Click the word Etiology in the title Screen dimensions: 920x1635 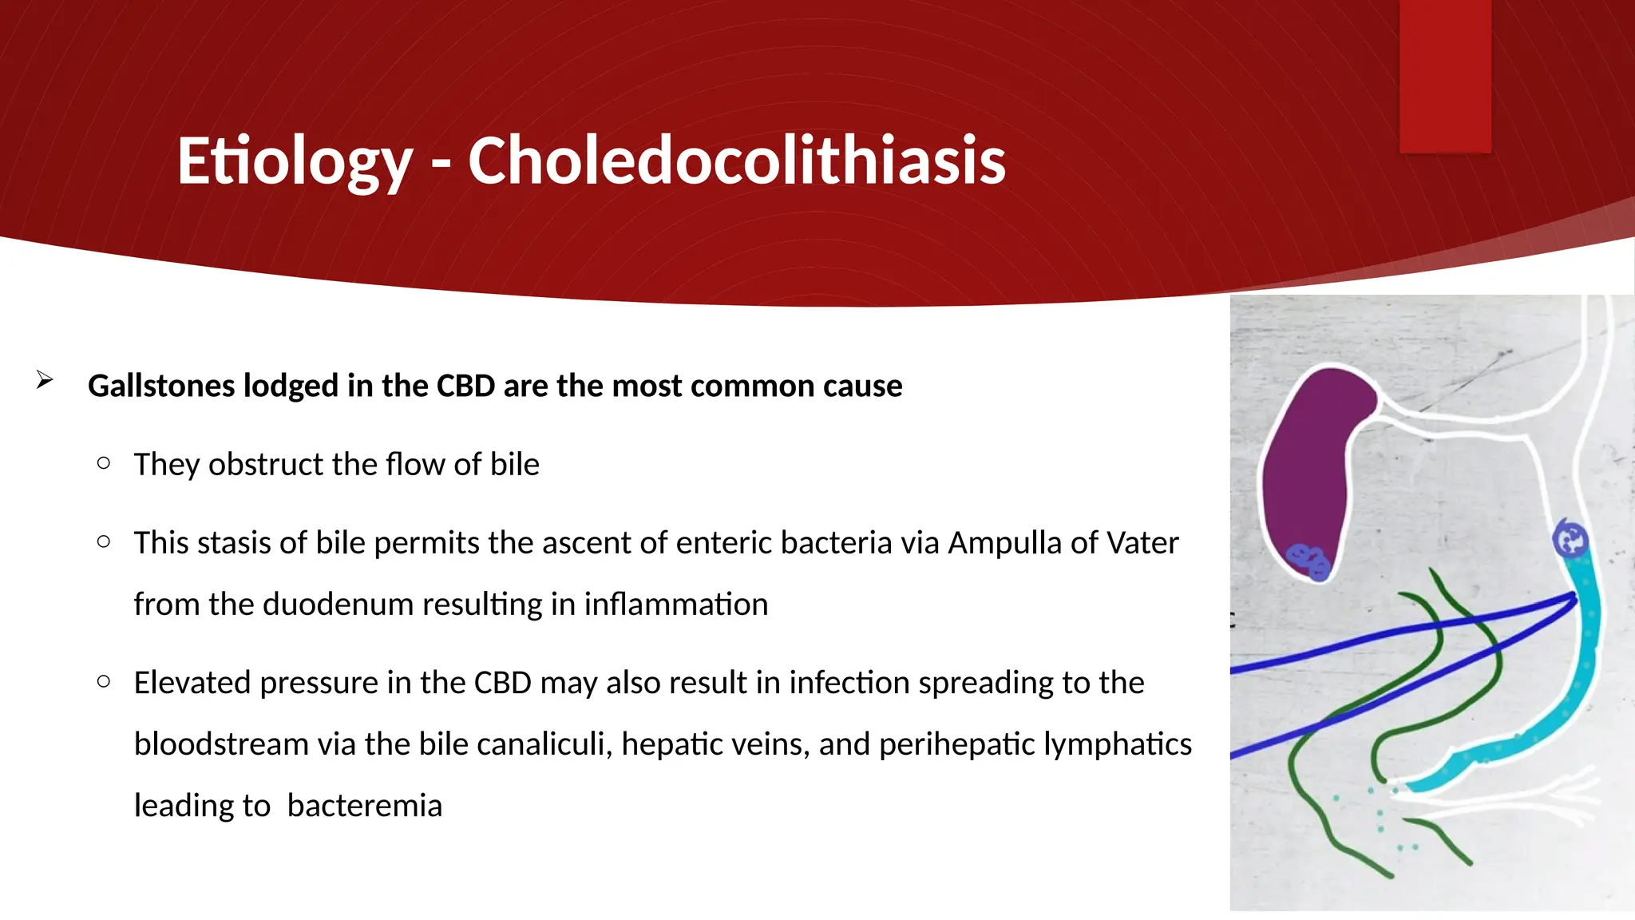[x=294, y=161]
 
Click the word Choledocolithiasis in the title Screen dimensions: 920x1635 [x=736, y=161]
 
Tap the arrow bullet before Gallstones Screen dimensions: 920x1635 [x=45, y=380]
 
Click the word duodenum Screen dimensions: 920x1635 [x=337, y=605]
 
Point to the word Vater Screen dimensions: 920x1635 [x=1144, y=543]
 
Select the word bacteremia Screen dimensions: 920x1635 [x=364, y=806]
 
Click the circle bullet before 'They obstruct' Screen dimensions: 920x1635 [x=103, y=463]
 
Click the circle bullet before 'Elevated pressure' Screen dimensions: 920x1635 [x=103, y=681]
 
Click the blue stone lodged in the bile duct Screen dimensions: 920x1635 [x=1570, y=541]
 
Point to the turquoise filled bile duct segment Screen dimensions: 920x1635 [x=1586, y=647]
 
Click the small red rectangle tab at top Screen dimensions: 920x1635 [x=1445, y=76]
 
